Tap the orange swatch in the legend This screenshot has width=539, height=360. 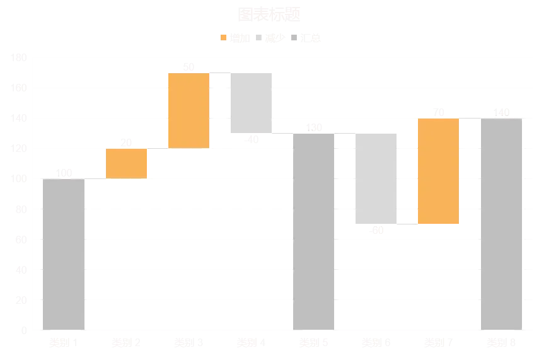(222, 37)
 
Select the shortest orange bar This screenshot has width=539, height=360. (127, 164)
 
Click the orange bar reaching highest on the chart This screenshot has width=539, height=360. (188, 110)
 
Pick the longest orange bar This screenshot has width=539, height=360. (438, 171)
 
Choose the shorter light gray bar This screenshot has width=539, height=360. (250, 103)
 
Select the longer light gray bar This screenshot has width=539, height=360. (376, 178)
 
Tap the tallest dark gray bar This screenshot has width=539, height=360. (502, 224)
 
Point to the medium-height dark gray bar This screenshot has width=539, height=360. (315, 230)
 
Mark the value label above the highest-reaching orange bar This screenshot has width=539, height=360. (188, 65)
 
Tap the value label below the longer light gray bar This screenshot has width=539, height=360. (376, 232)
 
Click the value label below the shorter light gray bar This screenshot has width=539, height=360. (254, 141)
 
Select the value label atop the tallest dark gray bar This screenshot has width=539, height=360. (502, 111)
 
